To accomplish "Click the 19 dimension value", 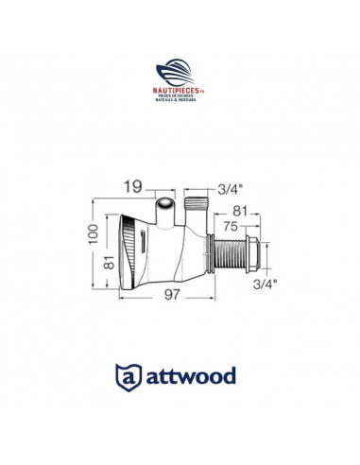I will click(x=132, y=185).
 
